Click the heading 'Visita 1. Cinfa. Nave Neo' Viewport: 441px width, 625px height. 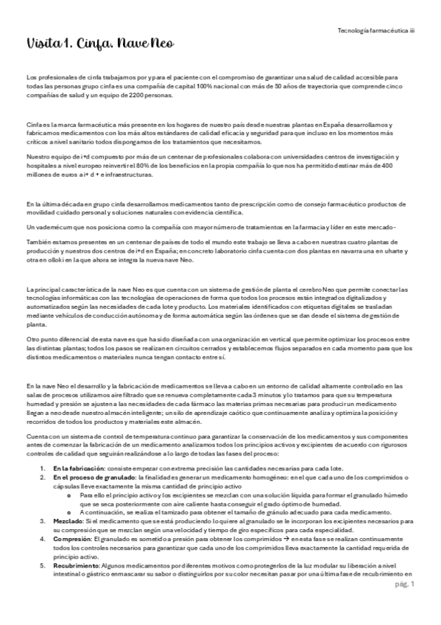tap(99, 43)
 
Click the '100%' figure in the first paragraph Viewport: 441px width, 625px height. tap(253, 87)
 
